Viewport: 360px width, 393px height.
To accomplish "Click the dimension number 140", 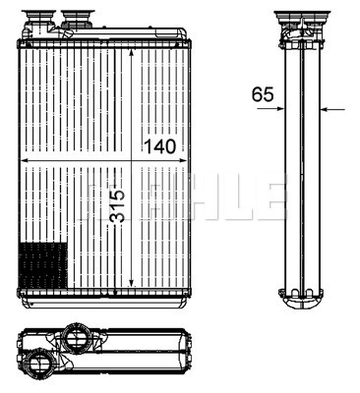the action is pos(160,146).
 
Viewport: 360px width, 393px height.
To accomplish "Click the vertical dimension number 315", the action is pos(117,206).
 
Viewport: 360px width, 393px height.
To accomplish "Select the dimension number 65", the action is pos(263,94).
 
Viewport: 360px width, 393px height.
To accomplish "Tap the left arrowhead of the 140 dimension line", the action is pos(24,160).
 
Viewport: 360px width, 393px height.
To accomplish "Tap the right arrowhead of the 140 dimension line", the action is pos(183,160).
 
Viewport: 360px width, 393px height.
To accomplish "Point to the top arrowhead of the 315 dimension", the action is pos(131,54).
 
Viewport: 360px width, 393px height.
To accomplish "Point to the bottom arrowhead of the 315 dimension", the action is pos(131,283).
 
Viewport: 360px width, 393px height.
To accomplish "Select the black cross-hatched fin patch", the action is pos(43,265).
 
